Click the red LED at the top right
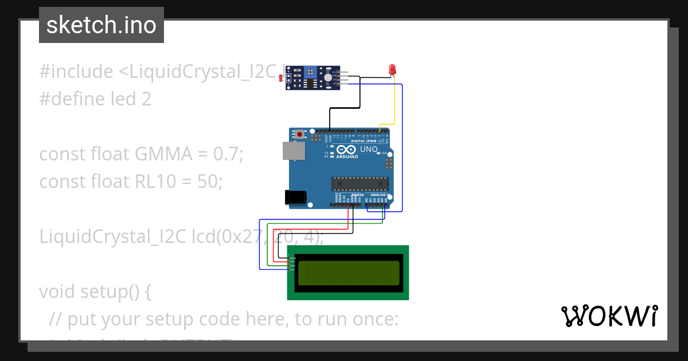click(393, 69)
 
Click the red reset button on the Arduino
click(299, 135)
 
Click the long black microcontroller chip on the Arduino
click(360, 184)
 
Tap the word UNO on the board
click(369, 150)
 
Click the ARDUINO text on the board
click(347, 156)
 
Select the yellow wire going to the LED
click(394, 103)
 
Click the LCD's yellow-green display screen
click(348, 273)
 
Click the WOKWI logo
click(609, 316)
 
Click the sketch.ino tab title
click(101, 25)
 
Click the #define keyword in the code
click(72, 99)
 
